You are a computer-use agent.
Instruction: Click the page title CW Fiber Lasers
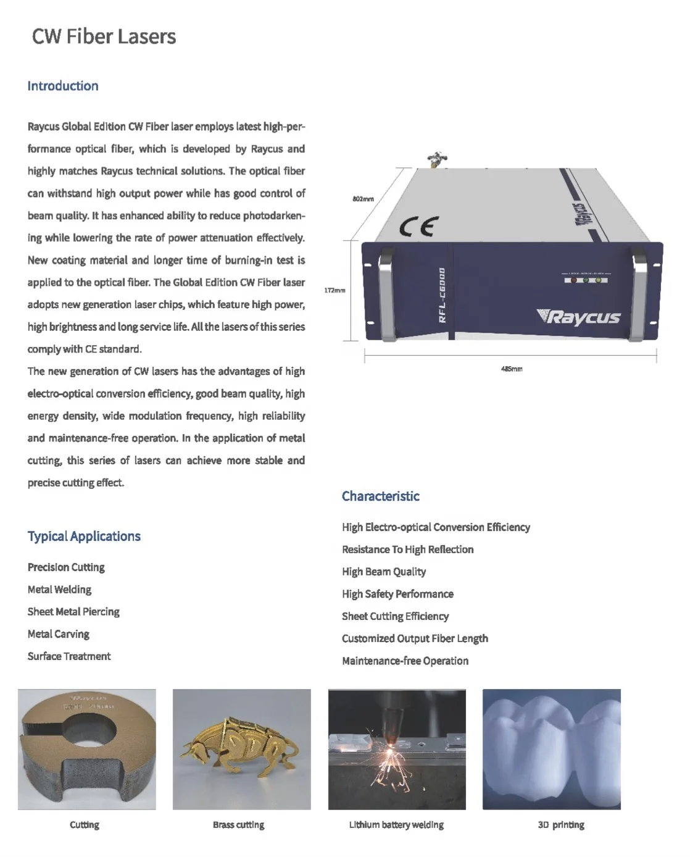104,37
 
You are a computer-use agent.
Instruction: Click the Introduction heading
63,86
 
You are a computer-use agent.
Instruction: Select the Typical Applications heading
84,536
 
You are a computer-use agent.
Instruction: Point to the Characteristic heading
380,496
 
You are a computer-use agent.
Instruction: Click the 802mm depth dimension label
363,199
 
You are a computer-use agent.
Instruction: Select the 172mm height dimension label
335,290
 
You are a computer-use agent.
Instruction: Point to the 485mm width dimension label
511,369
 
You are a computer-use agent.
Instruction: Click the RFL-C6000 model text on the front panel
442,295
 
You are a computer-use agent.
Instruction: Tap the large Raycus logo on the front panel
579,317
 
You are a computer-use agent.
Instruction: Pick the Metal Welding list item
59,590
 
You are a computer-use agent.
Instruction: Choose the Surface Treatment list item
69,656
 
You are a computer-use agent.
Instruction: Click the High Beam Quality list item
384,572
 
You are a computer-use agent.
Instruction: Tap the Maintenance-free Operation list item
405,661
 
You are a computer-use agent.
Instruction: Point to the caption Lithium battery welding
396,825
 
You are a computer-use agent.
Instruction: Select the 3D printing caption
560,825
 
